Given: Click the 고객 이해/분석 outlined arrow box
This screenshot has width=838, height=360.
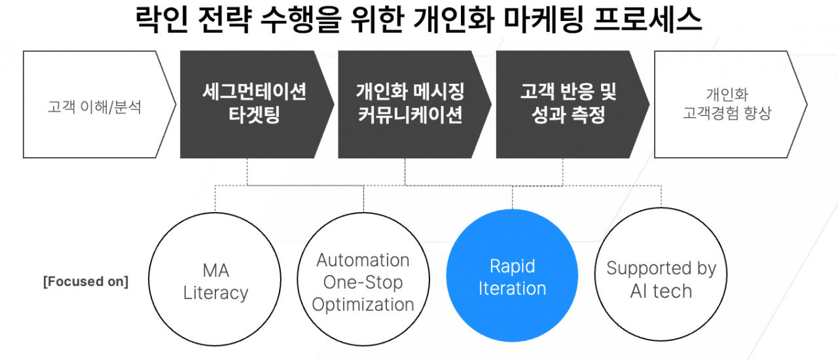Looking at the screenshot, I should click(95, 105).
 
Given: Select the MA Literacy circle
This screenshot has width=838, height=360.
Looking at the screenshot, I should click(215, 281).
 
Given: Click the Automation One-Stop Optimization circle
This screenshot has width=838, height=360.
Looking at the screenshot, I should click(363, 281).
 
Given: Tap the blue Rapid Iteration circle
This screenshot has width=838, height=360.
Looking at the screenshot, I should click(512, 277).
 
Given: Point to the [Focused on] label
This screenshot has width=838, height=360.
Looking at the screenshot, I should click(86, 282).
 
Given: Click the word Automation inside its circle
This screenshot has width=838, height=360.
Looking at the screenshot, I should click(363, 260).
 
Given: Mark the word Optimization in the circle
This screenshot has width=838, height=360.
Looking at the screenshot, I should click(363, 304).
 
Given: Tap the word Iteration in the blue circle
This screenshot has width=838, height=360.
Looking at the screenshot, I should click(512, 289).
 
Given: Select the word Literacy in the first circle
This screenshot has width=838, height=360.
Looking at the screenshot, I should click(215, 293).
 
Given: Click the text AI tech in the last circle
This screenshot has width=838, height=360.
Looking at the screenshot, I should click(661, 291).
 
